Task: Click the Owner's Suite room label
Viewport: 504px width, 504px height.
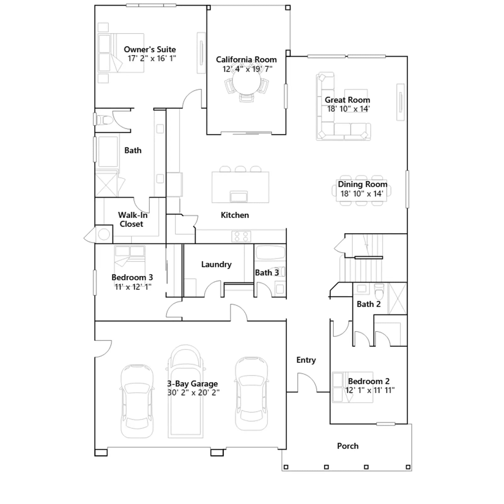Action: pyautogui.click(x=150, y=49)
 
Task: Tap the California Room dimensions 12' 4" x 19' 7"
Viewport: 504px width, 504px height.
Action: pyautogui.click(x=247, y=69)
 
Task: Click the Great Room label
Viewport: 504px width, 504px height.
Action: pyautogui.click(x=347, y=100)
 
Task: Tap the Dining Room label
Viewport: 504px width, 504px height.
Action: pyautogui.click(x=363, y=184)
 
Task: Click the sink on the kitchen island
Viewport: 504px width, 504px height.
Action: pyautogui.click(x=239, y=197)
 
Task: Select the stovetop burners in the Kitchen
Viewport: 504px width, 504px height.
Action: pyautogui.click(x=241, y=237)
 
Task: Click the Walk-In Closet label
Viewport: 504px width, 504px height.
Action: pyautogui.click(x=132, y=220)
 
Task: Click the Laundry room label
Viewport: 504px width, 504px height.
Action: pyautogui.click(x=216, y=264)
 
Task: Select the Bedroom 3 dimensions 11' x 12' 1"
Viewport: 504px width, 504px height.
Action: pyautogui.click(x=133, y=287)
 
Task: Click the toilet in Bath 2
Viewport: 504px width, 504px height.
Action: pyautogui.click(x=379, y=292)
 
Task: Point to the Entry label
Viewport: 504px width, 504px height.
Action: pyautogui.click(x=306, y=360)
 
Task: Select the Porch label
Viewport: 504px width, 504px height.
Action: pyautogui.click(x=348, y=446)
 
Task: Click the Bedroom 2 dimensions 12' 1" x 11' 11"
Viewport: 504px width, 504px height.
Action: pyautogui.click(x=370, y=390)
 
